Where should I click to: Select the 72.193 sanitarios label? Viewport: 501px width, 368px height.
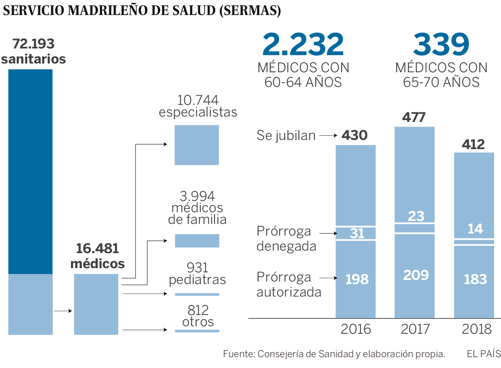pyautogui.click(x=33, y=51)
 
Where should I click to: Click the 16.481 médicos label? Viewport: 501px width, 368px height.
pyautogui.click(x=97, y=256)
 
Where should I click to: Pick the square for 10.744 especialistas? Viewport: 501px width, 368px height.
pyautogui.click(x=197, y=145)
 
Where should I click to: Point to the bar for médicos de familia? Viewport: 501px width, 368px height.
pyautogui.click(x=197, y=241)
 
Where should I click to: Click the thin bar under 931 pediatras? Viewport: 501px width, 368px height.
pyautogui.click(x=197, y=294)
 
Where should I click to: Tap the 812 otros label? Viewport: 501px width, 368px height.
pyautogui.click(x=198, y=316)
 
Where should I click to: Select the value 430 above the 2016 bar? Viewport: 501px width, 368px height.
pyautogui.click(x=354, y=135)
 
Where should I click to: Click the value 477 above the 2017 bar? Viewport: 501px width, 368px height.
pyautogui.click(x=414, y=117)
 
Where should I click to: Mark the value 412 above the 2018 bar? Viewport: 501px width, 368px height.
pyautogui.click(x=473, y=145)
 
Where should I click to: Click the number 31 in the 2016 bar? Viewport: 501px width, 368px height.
pyautogui.click(x=357, y=233)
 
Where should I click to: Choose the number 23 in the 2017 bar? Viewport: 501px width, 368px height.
pyautogui.click(x=416, y=216)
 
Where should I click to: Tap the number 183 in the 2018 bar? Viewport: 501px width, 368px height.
pyautogui.click(x=476, y=279)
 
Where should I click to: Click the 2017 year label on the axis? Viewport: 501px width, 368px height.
pyautogui.click(x=415, y=329)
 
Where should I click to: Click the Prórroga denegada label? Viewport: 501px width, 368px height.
pyautogui.click(x=286, y=239)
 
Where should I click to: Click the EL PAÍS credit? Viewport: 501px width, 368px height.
pyautogui.click(x=483, y=354)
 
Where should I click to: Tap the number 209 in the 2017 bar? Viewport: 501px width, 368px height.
pyautogui.click(x=416, y=275)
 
